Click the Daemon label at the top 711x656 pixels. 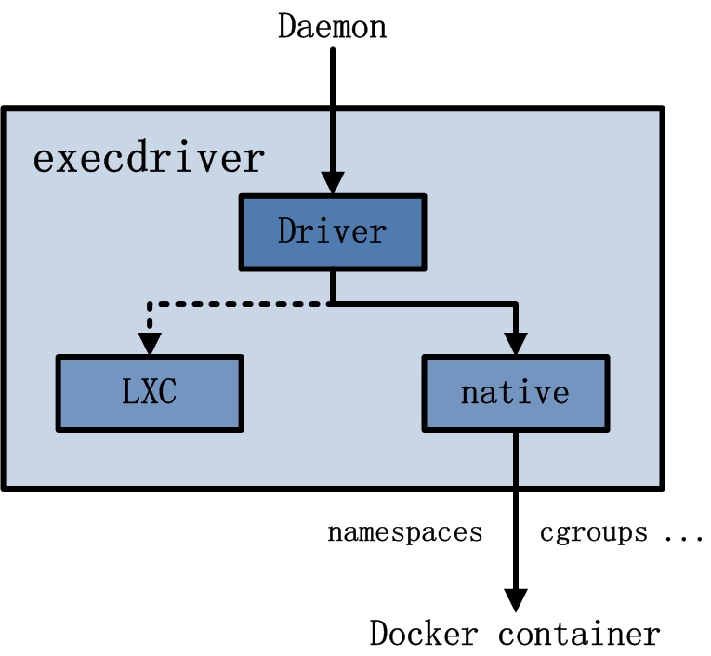tap(332, 26)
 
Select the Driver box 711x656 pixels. tap(332, 230)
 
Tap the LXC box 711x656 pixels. tap(149, 392)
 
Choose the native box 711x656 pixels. tap(516, 392)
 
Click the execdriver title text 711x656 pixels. tap(149, 159)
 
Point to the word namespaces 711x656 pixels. tap(404, 533)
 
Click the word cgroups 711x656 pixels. tap(593, 533)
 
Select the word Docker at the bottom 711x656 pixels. tap(424, 634)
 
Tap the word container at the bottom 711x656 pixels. tap(579, 634)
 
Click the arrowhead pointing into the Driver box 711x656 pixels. tap(332, 183)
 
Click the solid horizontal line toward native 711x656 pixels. tap(423, 303)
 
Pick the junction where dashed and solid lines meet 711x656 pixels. tap(332, 303)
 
